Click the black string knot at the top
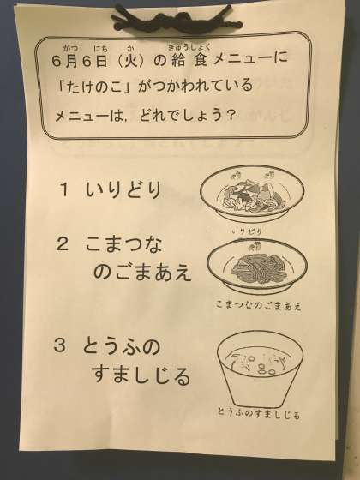point(176,20)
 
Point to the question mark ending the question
point(231,116)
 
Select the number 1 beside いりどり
point(63,189)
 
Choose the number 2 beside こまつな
point(63,244)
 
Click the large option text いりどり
point(123,189)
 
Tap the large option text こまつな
point(123,244)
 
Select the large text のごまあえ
point(142,273)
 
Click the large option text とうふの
point(121,346)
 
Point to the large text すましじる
point(141,375)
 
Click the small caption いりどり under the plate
point(247,231)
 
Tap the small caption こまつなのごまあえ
point(258,305)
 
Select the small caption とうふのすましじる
point(259,413)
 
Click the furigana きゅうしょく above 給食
point(189,47)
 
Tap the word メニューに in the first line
point(250,60)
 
